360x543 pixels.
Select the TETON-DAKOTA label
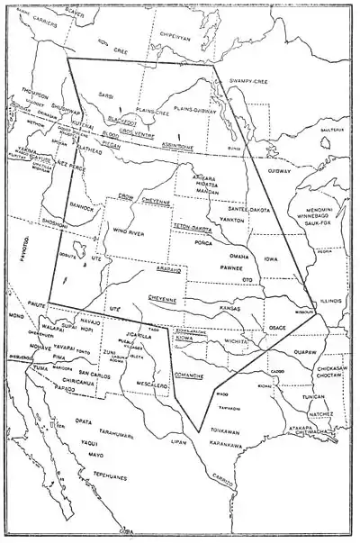(191, 229)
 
